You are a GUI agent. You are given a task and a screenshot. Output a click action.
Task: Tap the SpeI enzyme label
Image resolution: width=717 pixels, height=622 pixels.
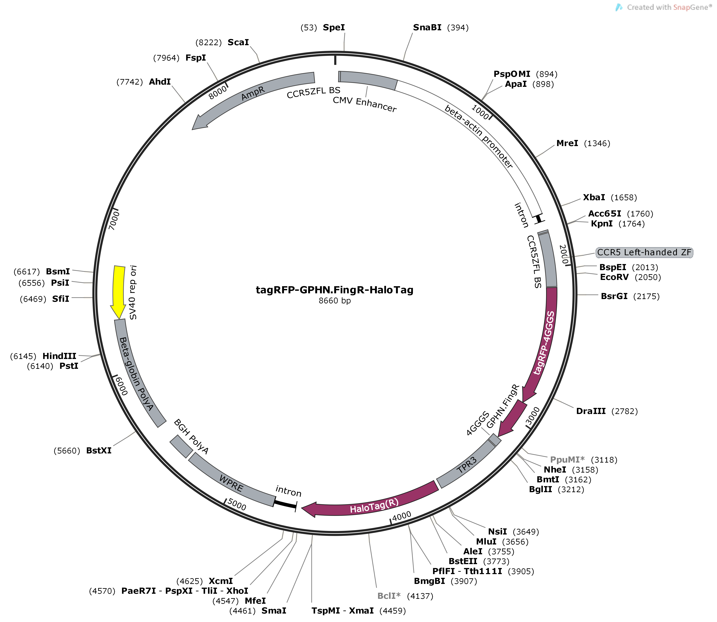(x=334, y=27)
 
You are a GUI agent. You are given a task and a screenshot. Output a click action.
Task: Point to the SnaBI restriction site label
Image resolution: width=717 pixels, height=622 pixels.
(x=427, y=27)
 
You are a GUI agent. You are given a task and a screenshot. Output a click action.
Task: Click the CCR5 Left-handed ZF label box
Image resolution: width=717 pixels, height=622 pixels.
(x=644, y=252)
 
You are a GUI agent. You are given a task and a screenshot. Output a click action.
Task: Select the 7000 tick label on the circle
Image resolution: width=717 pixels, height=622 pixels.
(x=114, y=220)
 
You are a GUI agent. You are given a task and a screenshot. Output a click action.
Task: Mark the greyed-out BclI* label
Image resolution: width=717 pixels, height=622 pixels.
(x=389, y=596)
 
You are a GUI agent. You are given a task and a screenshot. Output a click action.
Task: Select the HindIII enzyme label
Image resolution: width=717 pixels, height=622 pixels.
(x=59, y=356)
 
